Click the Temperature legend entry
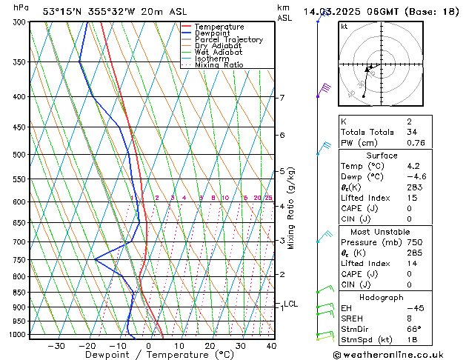[220, 27]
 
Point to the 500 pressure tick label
[20, 155]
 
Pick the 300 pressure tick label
[20, 22]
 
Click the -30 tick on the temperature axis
[56, 346]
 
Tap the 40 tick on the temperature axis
[271, 346]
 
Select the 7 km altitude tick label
[282, 98]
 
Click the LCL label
[291, 304]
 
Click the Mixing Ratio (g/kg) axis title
[292, 208]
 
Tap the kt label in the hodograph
[344, 26]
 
